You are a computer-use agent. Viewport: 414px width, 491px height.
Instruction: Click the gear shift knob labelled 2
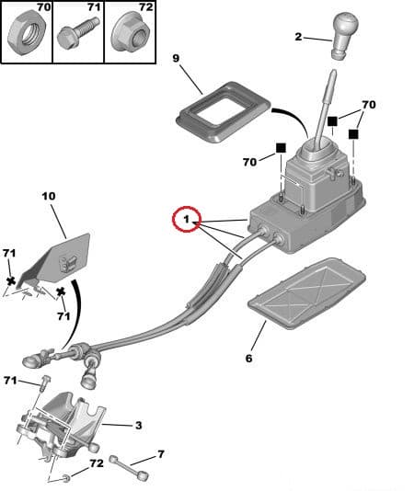(x=345, y=34)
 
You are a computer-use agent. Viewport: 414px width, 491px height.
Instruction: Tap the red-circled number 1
(x=187, y=219)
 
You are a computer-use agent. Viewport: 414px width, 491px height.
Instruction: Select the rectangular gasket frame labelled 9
(x=224, y=111)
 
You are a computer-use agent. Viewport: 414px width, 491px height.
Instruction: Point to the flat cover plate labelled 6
(x=306, y=292)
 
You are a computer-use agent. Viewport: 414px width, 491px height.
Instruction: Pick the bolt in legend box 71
(x=78, y=32)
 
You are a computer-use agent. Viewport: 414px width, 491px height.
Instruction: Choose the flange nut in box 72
(x=130, y=32)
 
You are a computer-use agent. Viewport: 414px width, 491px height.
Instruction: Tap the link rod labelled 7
(x=128, y=467)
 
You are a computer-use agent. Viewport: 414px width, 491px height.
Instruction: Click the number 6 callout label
(x=248, y=359)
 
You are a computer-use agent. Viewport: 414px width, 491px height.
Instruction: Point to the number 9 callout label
(x=176, y=58)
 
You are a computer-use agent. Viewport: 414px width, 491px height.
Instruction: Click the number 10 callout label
(x=49, y=196)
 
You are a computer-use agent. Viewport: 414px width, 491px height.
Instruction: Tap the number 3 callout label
(x=139, y=425)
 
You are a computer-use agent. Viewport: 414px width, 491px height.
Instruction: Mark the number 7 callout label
(x=161, y=454)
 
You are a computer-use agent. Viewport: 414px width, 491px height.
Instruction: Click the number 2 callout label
(x=298, y=37)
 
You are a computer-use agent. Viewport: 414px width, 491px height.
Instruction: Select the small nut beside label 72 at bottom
(x=66, y=477)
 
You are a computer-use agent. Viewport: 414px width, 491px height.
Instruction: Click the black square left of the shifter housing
(x=281, y=148)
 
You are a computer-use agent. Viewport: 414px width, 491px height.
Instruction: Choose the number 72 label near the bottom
(x=97, y=463)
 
